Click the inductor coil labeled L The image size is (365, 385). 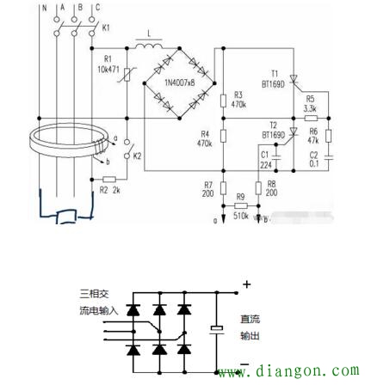tap(149, 45)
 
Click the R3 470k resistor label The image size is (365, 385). tap(238, 101)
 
